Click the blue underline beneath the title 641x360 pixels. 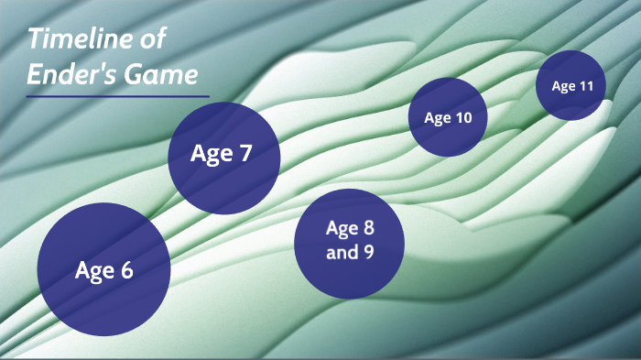tap(118, 96)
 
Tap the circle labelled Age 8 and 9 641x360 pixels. tap(350, 241)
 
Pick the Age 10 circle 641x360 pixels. tap(448, 117)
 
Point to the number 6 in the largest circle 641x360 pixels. tap(126, 270)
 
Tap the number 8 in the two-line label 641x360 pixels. tap(369, 229)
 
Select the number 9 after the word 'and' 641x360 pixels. tap(368, 252)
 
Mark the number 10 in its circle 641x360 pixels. tap(464, 118)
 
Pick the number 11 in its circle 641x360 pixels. tap(586, 87)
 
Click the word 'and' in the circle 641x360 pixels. tap(343, 252)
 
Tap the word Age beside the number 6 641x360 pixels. tap(93, 271)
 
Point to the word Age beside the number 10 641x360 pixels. tap(438, 118)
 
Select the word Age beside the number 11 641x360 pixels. tap(563, 87)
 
